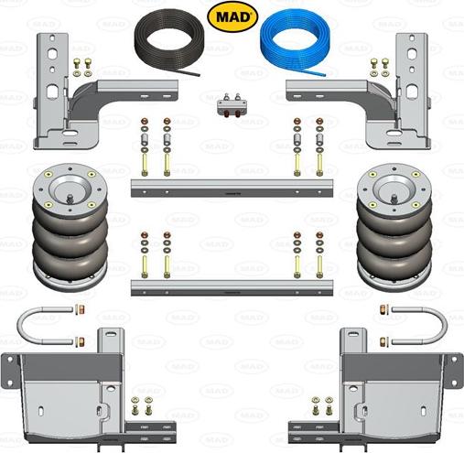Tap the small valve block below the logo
(232, 104)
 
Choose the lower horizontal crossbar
(232, 286)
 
